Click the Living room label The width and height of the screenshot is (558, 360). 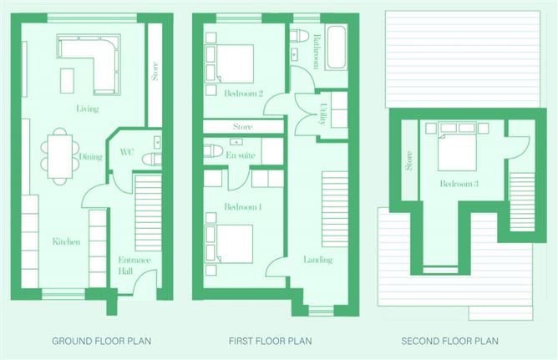click(x=87, y=109)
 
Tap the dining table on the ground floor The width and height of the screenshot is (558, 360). click(x=60, y=156)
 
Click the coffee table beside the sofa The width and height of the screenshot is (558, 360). click(x=67, y=80)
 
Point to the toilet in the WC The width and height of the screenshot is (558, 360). click(x=152, y=159)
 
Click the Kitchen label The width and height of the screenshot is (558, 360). click(x=66, y=242)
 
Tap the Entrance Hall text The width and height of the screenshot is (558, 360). click(x=134, y=266)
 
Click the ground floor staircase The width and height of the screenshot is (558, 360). click(x=149, y=212)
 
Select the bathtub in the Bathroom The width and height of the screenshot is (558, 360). click(x=337, y=48)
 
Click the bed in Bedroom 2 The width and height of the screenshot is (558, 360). click(x=235, y=63)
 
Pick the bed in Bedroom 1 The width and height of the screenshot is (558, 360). click(x=234, y=244)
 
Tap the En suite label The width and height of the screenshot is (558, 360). click(x=241, y=155)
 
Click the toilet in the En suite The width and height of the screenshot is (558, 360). click(x=213, y=151)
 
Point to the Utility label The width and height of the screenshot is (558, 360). click(x=322, y=114)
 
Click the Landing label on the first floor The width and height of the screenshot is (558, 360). click(x=317, y=260)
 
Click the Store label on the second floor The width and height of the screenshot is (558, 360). click(x=409, y=160)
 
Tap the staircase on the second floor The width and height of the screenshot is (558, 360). click(x=522, y=201)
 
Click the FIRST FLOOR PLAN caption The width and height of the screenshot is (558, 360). click(x=271, y=341)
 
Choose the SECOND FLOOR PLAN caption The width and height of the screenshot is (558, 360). click(x=449, y=341)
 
